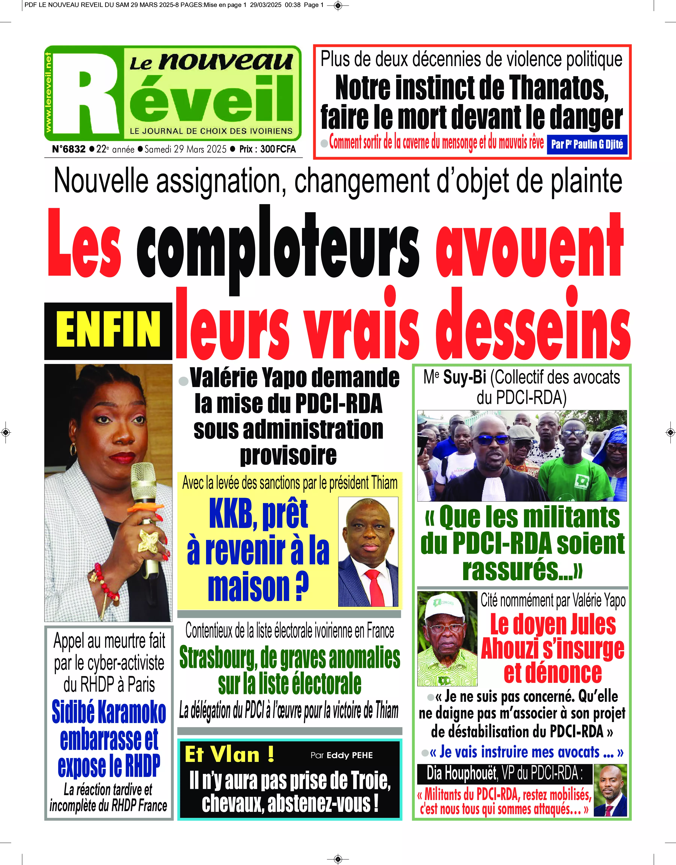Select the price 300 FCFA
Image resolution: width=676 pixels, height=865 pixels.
[278, 149]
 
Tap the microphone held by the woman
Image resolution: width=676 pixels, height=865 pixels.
[145, 487]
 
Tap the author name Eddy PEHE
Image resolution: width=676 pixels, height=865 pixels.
[349, 755]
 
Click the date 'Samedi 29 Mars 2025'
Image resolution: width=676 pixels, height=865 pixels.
[186, 149]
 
